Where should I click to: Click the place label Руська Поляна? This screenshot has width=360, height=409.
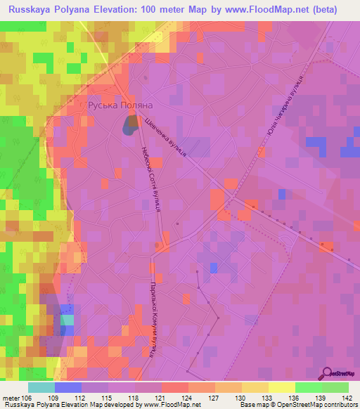pyautogui.click(x=120, y=105)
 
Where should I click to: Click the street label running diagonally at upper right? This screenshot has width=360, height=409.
pyautogui.click(x=284, y=105)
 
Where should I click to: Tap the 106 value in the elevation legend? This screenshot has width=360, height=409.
pyautogui.click(x=27, y=397)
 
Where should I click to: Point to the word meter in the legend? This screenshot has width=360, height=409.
pyautogui.click(x=11, y=397)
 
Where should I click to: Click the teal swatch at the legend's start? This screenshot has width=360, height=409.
pyautogui.click(x=41, y=387)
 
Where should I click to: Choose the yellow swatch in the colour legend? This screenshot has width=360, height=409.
pyautogui.click(x=281, y=387)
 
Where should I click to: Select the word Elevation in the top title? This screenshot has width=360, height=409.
pyautogui.click(x=122, y=10)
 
